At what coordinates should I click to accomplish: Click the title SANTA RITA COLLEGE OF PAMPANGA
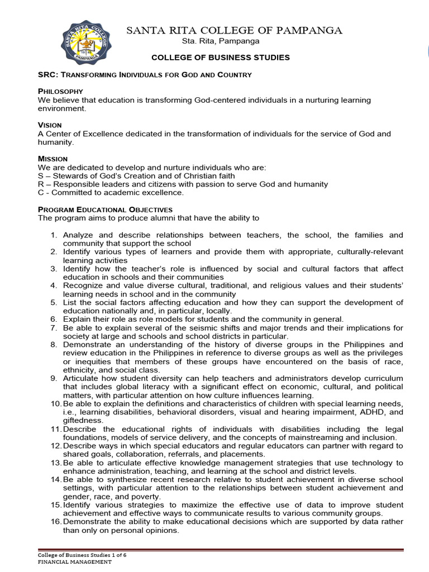coord(235,30)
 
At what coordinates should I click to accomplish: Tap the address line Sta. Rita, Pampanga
coord(221,41)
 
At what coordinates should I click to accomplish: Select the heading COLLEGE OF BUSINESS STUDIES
coord(221,58)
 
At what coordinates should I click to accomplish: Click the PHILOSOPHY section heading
coord(60,91)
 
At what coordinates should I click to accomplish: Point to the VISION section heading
coord(50,125)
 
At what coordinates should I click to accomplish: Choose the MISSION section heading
coord(53,159)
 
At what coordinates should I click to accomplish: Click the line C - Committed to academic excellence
coord(111,193)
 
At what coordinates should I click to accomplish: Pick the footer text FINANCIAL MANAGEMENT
coord(75,562)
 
